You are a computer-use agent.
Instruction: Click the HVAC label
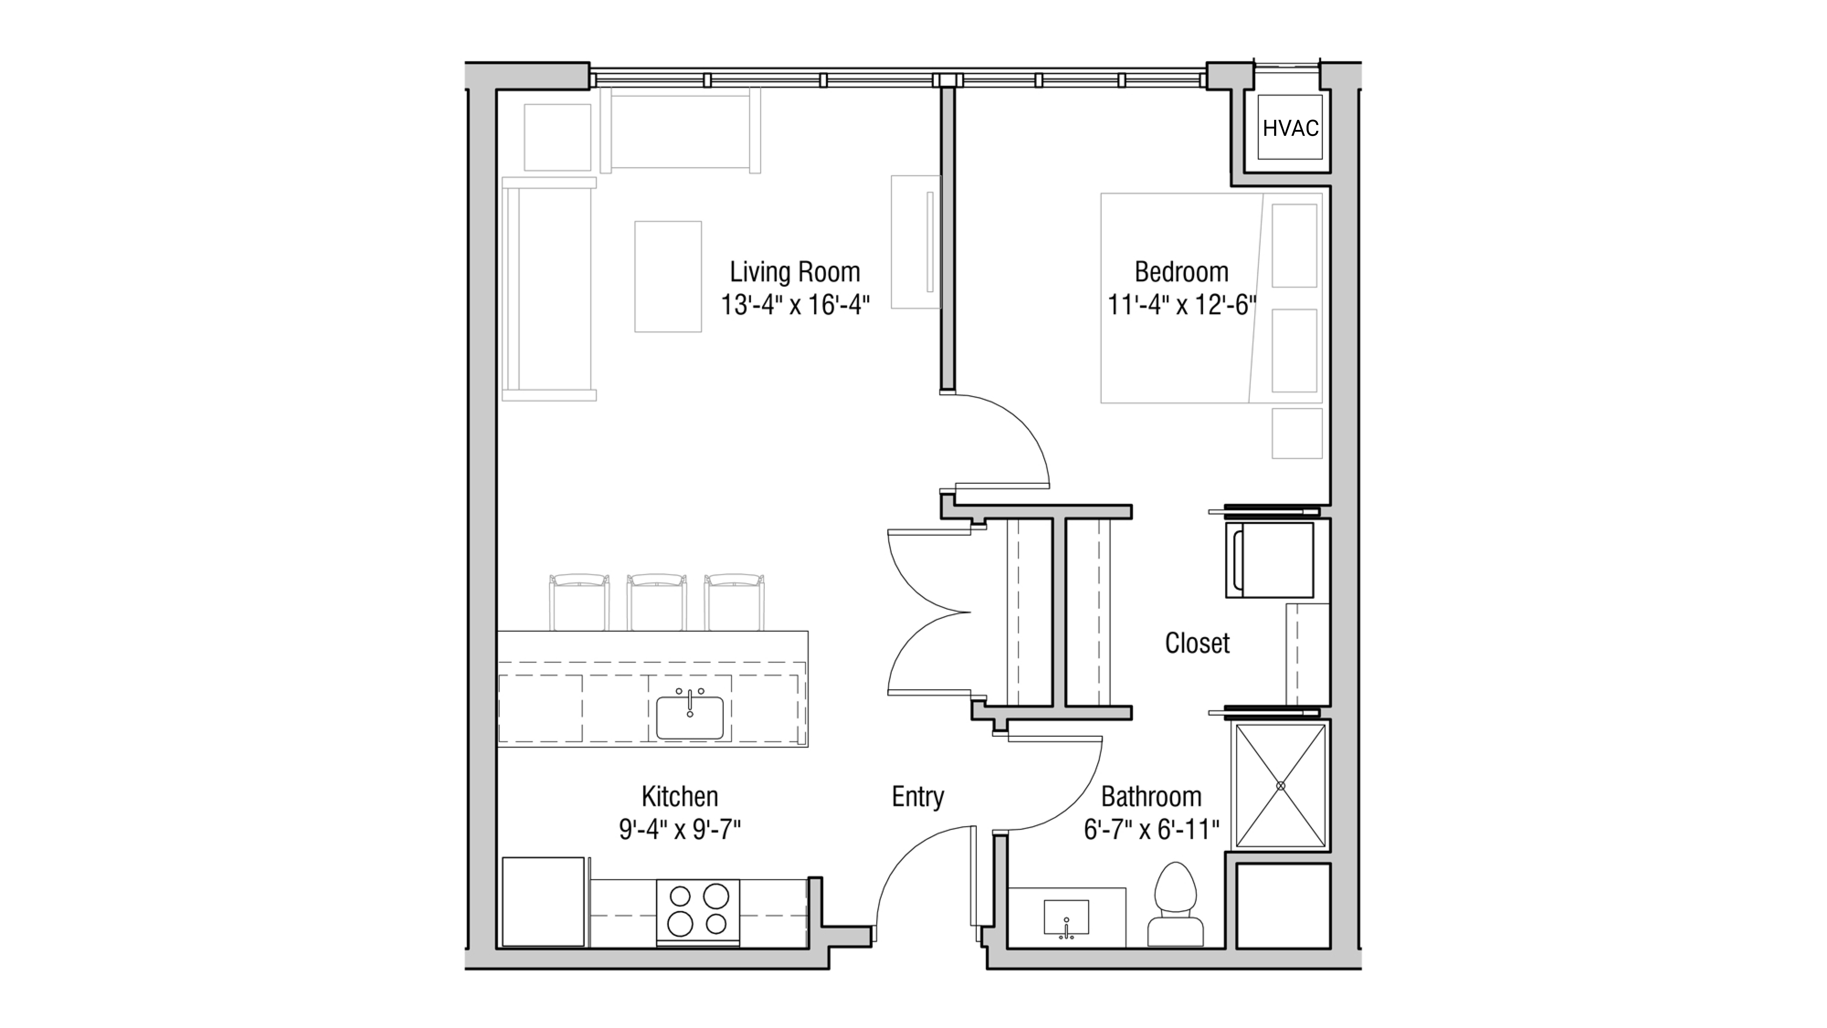1290,128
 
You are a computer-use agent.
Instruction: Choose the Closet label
1197,643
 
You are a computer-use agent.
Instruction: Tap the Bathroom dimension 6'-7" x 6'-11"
1151,829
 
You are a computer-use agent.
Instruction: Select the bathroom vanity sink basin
1066,918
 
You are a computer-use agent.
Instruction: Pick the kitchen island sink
689,718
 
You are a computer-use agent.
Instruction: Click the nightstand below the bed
1297,432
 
